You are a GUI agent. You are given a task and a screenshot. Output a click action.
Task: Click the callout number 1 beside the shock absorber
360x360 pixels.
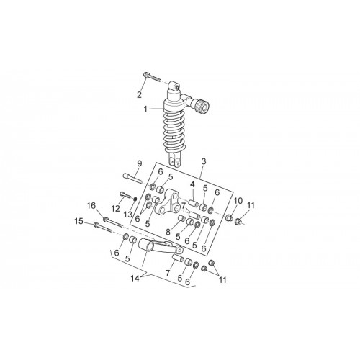tap(145, 109)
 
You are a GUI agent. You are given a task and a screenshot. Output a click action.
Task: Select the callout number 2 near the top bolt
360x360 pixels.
tap(139, 95)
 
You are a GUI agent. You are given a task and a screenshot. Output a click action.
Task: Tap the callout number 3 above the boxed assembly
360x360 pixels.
tap(204, 161)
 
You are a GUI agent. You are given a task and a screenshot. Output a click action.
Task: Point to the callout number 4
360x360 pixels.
tap(192, 184)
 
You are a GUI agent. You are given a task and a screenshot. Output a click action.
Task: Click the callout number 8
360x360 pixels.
tap(168, 232)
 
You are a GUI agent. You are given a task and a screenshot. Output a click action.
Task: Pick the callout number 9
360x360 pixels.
tap(140, 163)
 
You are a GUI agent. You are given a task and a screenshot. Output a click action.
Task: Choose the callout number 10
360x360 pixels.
tap(238, 201)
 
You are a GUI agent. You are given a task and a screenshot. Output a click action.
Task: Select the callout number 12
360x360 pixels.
tap(115, 209)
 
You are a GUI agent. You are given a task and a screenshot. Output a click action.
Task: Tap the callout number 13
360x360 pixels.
tap(128, 215)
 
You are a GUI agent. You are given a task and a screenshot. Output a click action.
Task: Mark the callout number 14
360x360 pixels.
tap(135, 279)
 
